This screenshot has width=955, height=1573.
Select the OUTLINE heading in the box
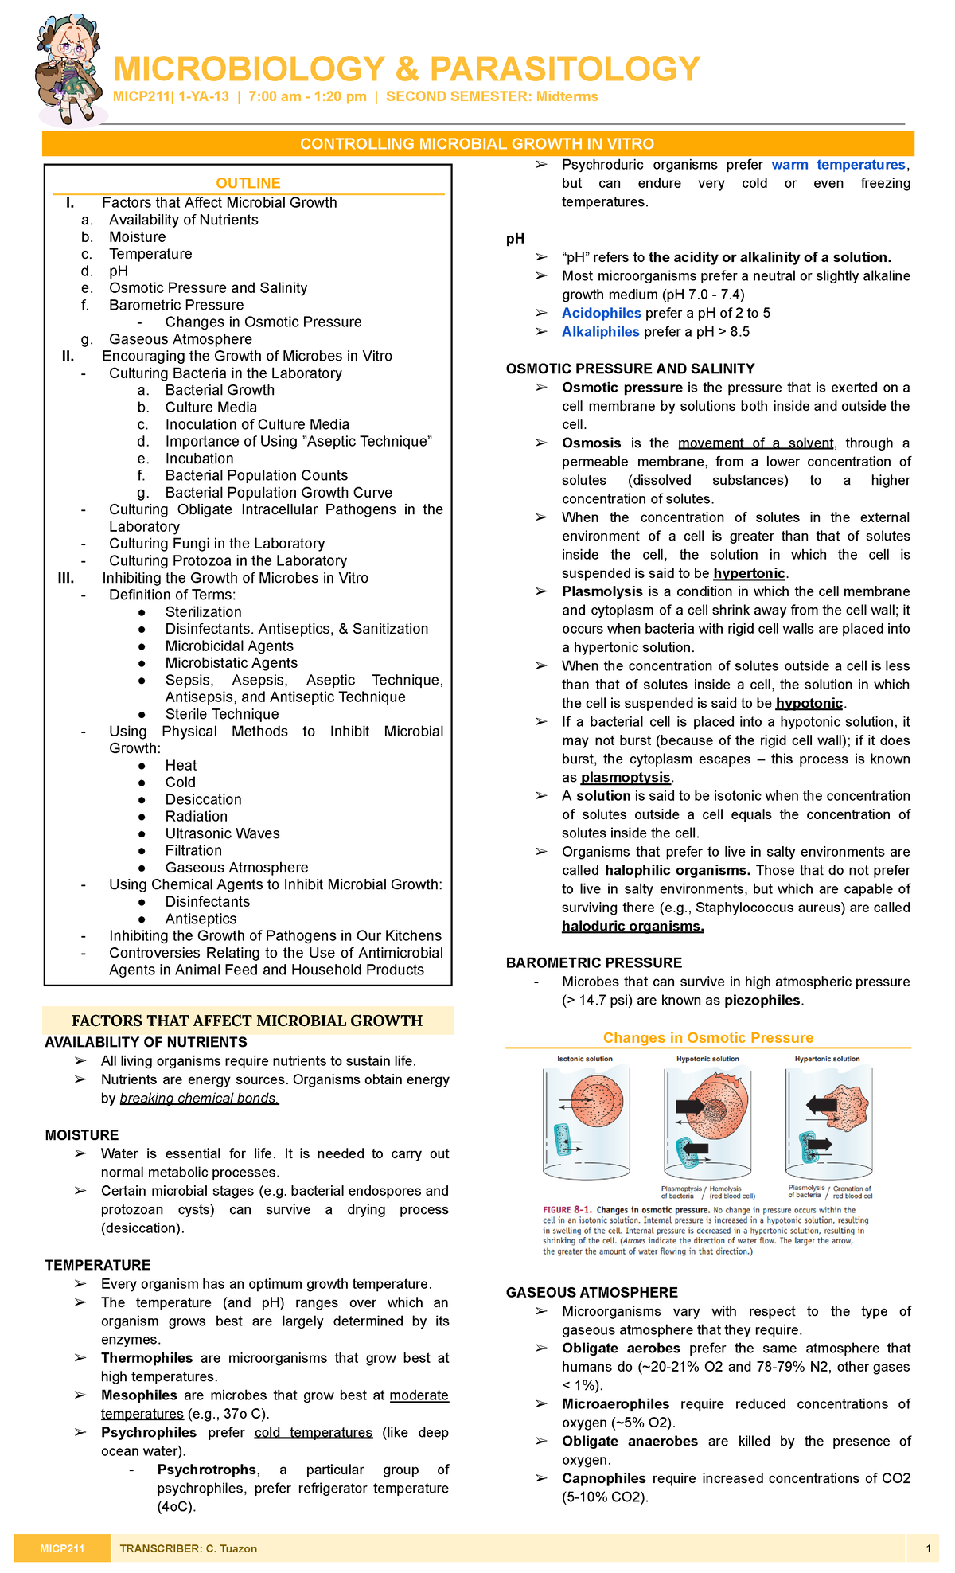[x=248, y=183]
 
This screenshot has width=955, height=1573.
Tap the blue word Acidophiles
[x=601, y=313]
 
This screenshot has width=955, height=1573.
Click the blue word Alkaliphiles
[x=600, y=332]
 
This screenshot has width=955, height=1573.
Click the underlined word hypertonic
[x=749, y=573]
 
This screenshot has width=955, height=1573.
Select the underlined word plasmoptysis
[x=626, y=777]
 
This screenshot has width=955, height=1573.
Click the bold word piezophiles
[x=764, y=1001]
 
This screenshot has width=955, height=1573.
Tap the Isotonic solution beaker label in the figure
[x=585, y=1059]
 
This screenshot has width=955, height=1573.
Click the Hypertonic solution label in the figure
[x=827, y=1059]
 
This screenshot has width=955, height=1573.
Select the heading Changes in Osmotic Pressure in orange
[x=707, y=1037]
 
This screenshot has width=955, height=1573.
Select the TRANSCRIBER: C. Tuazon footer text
[x=188, y=1548]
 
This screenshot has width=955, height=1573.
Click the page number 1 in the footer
[x=928, y=1548]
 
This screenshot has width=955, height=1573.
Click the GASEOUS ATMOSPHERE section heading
[x=591, y=1292]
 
